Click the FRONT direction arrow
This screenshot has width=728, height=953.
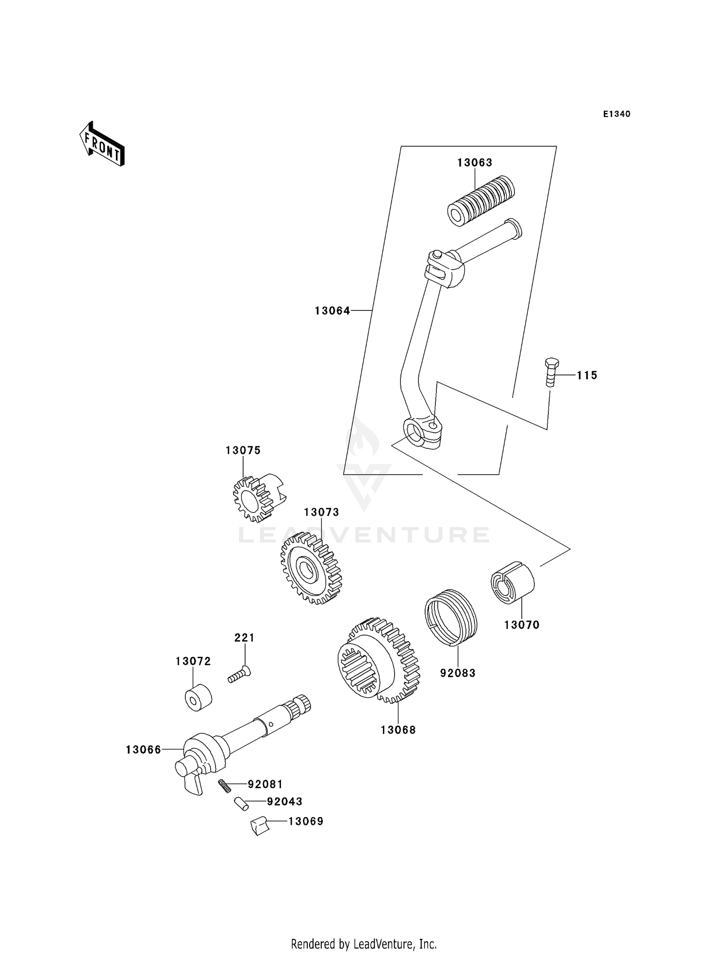point(102,144)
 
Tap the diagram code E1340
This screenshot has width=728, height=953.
point(616,114)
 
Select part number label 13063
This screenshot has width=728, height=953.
point(474,163)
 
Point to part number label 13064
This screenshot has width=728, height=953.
point(332,311)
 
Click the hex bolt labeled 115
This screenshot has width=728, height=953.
point(551,373)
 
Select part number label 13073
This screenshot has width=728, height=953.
point(321,512)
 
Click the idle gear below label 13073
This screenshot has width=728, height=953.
point(311,568)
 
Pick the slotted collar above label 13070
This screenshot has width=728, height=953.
point(512,582)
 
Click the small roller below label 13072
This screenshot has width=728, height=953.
point(199,698)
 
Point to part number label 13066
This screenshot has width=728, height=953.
point(143,750)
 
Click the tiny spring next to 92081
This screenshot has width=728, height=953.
point(224,785)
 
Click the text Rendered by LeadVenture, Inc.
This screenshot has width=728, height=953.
point(364,944)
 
